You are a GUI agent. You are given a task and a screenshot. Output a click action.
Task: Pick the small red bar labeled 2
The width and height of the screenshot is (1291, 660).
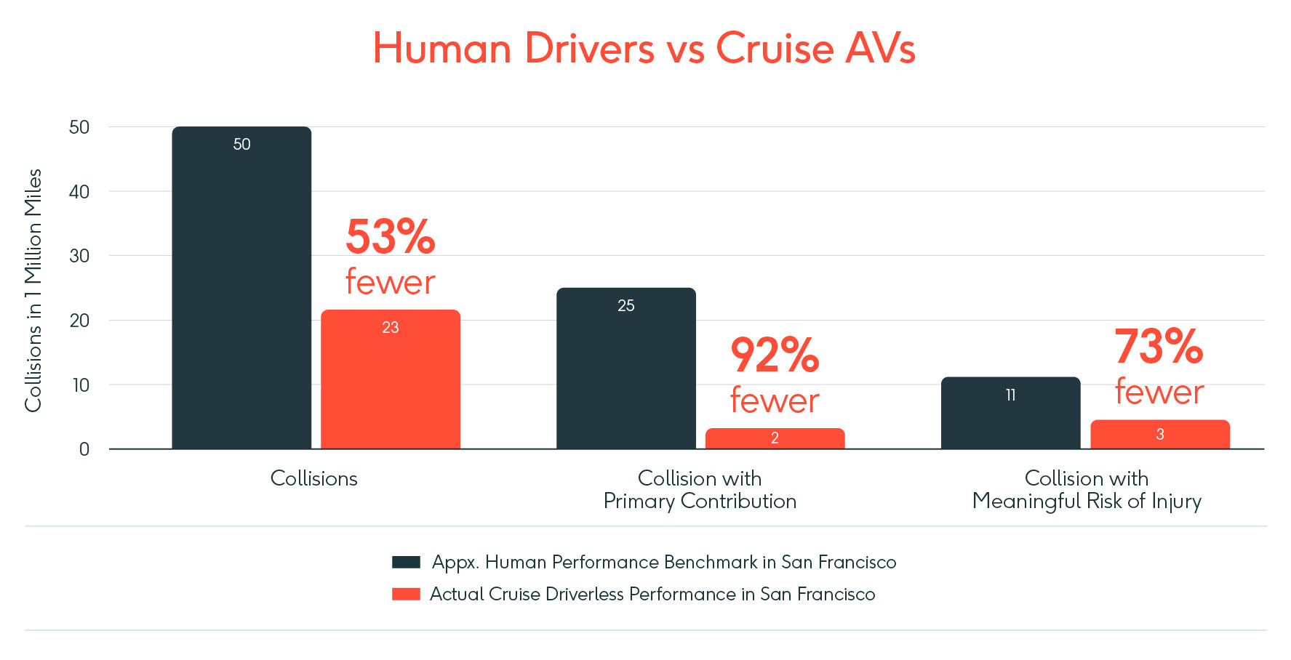click(x=775, y=438)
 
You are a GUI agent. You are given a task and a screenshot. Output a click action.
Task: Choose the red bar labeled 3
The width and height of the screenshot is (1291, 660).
click(x=1159, y=434)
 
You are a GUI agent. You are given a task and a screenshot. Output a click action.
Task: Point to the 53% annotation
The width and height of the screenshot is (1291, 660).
click(x=391, y=237)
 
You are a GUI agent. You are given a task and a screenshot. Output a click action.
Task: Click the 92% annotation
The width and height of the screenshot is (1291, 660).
click(x=775, y=355)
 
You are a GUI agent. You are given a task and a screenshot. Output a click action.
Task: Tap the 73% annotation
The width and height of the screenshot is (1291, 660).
click(x=1159, y=347)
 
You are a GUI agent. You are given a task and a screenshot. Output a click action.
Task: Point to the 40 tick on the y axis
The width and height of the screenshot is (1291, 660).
click(x=79, y=192)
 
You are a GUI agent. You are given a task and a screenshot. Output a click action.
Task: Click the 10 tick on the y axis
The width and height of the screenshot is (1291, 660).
click(x=81, y=385)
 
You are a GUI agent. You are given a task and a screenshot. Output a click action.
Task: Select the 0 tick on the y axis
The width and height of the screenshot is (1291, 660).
click(x=84, y=449)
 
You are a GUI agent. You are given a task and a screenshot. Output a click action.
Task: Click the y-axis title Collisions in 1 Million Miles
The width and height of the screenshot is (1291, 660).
click(x=33, y=291)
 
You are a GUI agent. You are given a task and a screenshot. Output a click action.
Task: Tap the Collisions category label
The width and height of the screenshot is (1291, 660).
click(x=313, y=478)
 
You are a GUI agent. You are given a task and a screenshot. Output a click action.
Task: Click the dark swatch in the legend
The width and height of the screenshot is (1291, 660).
click(x=406, y=562)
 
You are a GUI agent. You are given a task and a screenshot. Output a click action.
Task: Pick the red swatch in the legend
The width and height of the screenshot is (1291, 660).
click(x=406, y=594)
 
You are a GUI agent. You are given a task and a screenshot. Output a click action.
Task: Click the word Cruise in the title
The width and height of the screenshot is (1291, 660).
click(x=774, y=49)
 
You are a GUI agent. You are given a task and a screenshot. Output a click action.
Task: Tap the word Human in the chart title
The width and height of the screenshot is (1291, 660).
click(x=442, y=49)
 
